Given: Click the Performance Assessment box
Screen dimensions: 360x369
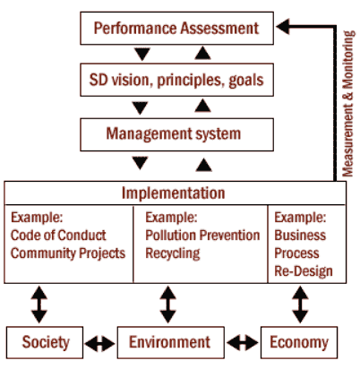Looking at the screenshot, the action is (x=176, y=28).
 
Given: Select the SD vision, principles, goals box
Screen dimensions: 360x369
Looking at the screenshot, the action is (x=176, y=80).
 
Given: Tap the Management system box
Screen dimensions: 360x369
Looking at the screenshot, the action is (x=176, y=134).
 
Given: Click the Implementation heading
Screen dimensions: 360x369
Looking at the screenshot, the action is (x=173, y=193).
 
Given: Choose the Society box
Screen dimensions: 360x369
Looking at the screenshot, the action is (x=45, y=342).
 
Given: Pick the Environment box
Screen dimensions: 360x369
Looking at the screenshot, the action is (x=170, y=342).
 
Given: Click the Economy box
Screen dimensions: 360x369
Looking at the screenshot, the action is (x=299, y=342).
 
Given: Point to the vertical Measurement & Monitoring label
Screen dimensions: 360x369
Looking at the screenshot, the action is (x=348, y=104).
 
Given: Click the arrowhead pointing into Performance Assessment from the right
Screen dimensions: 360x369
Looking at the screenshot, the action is (x=283, y=27).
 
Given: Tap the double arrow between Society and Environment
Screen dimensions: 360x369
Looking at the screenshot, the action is (x=99, y=344).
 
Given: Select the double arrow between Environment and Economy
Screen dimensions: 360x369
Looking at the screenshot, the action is (x=243, y=343).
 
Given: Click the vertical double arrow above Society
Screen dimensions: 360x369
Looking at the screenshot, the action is (x=39, y=305).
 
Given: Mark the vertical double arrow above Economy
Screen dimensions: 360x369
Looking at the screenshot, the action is (x=300, y=305).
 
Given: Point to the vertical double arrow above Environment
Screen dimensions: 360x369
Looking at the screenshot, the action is (x=167, y=305).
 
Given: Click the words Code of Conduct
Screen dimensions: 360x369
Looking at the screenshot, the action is (x=58, y=236).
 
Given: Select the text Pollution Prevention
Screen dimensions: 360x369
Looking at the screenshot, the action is (x=202, y=236).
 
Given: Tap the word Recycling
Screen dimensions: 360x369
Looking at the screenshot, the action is (x=173, y=253).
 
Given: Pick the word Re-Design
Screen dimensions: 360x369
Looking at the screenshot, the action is (x=304, y=271).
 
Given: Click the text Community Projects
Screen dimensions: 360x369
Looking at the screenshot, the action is (x=68, y=253).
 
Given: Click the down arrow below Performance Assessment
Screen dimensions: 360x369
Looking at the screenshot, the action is (x=142, y=54).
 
